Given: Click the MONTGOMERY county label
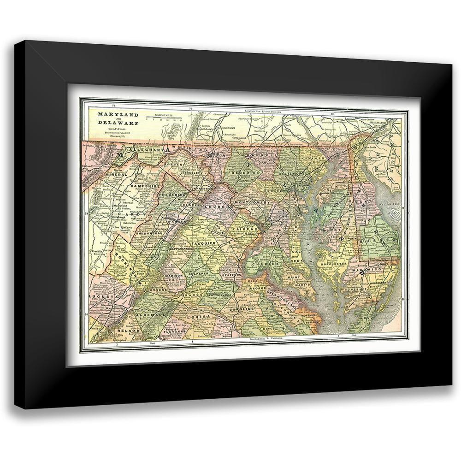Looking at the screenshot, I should tap(252, 203).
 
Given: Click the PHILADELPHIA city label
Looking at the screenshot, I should tap(385, 122).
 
